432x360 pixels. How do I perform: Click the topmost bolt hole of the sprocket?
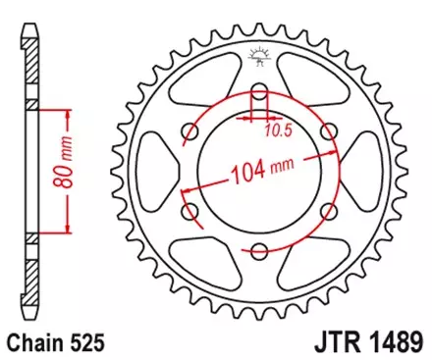pyautogui.click(x=260, y=95)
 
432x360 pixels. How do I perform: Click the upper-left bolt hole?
pyautogui.click(x=193, y=133)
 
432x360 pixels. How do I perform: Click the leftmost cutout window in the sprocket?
pyautogui.click(x=159, y=172)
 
